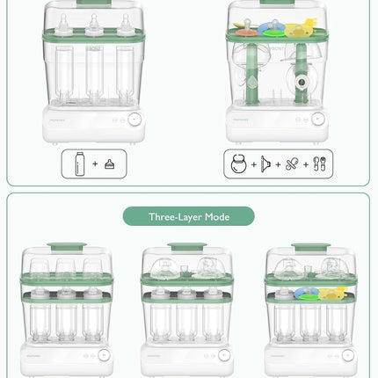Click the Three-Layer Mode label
pyautogui.click(x=188, y=216)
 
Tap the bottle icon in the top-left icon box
pyautogui.click(x=78, y=164)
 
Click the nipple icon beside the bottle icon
pyautogui.click(x=110, y=164)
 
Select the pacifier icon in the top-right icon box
pyautogui.click(x=293, y=164)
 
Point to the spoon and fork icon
pyautogui.click(x=319, y=164)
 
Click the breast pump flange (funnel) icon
pyautogui.click(x=265, y=164)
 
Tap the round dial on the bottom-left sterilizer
pyautogui.click(x=104, y=356)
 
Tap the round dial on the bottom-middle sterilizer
pyautogui.click(x=224, y=356)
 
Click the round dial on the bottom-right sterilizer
pyautogui.click(x=346, y=356)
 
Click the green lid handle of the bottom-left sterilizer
pyautogui.click(x=65, y=248)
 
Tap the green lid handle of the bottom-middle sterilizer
pyautogui.click(x=186, y=248)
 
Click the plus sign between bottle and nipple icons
pyautogui.click(x=94, y=164)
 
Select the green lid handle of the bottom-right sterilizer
pyautogui.click(x=309, y=248)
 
